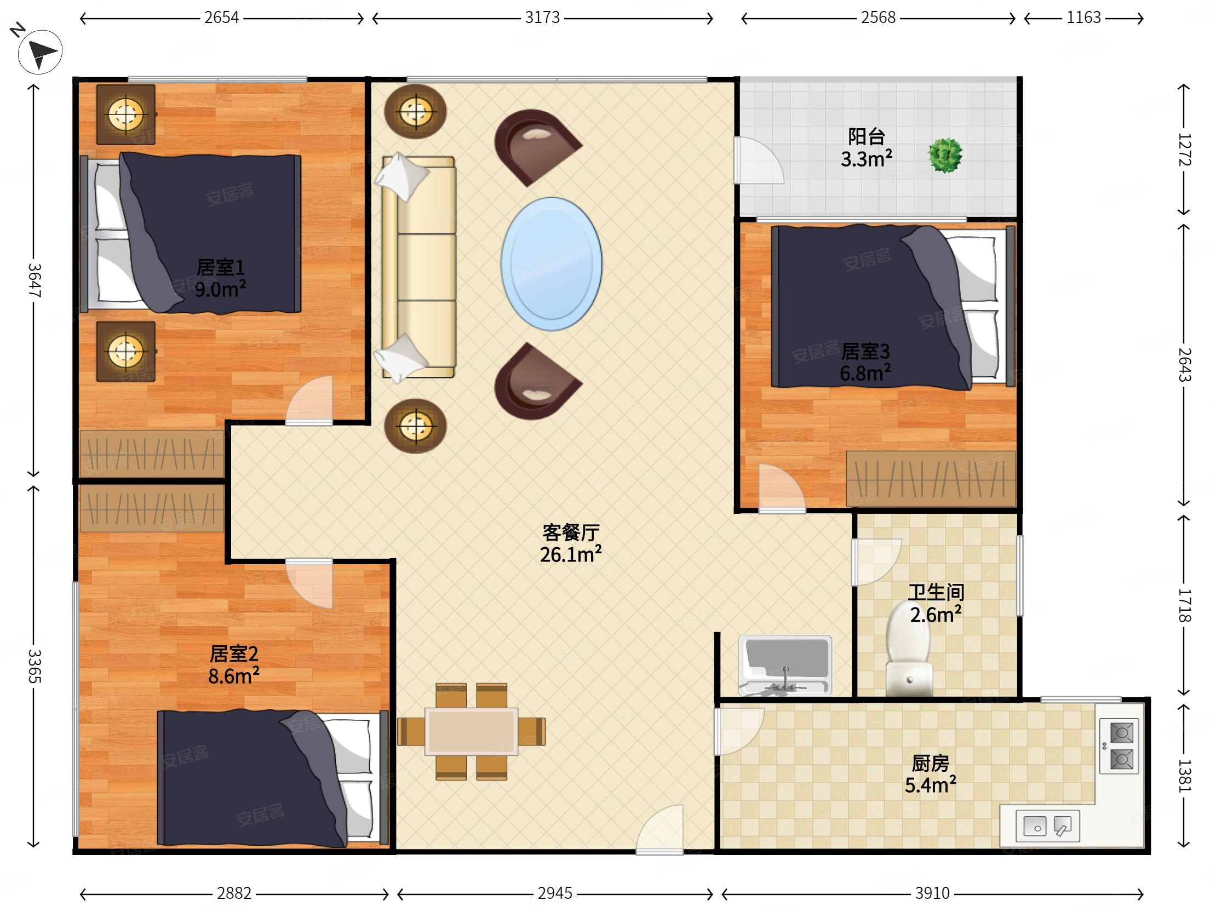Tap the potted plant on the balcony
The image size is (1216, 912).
click(945, 156)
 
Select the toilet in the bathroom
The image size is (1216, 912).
click(909, 648)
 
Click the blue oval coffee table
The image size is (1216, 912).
click(552, 264)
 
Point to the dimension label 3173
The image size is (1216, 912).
click(542, 18)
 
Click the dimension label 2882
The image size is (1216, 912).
click(234, 893)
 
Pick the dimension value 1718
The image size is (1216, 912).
click(1185, 605)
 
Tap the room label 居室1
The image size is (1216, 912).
click(221, 268)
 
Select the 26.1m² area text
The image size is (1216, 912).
click(571, 555)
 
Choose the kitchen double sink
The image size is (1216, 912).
click(1048, 825)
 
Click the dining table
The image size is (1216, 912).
click(471, 732)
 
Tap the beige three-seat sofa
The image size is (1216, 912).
click(419, 268)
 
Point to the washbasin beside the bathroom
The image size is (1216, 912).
click(785, 665)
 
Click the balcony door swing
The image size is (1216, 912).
click(759, 160)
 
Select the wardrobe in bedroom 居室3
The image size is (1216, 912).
click(930, 479)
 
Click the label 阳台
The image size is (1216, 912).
click(867, 136)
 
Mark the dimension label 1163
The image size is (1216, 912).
click(1083, 18)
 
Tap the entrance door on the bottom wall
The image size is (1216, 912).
click(659, 830)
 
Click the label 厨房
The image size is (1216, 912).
click(931, 763)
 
